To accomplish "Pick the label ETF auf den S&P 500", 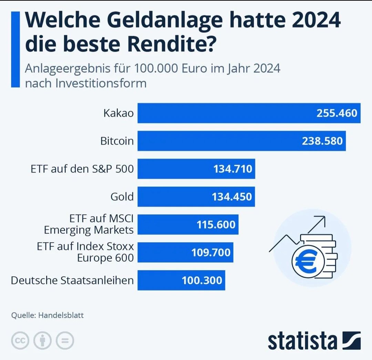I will pos(82,169).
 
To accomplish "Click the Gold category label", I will pos(122,197).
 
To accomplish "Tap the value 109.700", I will pos(211,252).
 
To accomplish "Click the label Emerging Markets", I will pos(89,230).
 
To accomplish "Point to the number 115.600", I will pos(216,225).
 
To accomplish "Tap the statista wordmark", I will pos(302,341).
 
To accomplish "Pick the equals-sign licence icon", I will pos(65,341).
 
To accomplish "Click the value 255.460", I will pos(337,113).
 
